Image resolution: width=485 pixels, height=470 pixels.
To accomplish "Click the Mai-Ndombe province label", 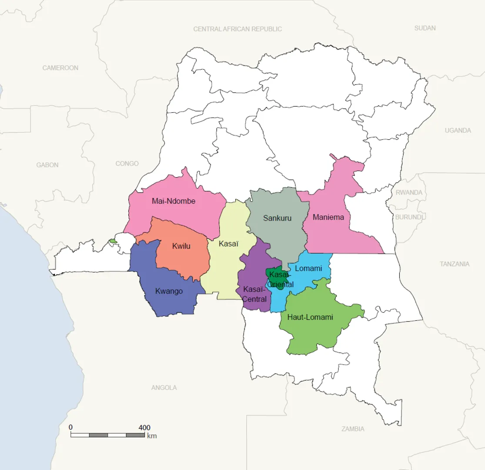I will click(174, 201).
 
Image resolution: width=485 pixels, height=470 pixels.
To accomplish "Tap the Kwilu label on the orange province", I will click(181, 246).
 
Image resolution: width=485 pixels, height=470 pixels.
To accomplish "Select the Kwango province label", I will click(169, 291).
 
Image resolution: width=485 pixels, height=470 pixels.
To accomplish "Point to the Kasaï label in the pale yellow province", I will click(228, 244).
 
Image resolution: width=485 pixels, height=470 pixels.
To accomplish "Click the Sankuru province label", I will click(277, 218).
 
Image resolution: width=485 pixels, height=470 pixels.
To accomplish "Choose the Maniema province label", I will click(328, 217).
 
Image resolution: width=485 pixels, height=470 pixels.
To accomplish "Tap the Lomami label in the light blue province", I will click(311, 269).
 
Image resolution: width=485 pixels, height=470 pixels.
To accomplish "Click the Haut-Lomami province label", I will click(310, 317).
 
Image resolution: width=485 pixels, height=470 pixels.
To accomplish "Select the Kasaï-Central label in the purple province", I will click(255, 294).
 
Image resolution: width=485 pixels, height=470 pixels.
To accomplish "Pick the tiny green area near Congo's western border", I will click(113, 241).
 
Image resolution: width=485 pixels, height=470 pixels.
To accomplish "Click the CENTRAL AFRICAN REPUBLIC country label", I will click(237, 29).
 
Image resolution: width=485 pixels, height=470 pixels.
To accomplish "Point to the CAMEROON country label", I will click(60, 68).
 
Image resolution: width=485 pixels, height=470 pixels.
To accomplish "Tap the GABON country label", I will click(47, 165).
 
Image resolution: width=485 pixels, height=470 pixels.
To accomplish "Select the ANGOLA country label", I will click(164, 387).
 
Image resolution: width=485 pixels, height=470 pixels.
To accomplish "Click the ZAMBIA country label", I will click(353, 429).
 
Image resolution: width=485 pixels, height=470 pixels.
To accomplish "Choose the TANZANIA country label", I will click(455, 264).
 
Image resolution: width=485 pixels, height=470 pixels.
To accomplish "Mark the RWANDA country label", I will click(409, 192).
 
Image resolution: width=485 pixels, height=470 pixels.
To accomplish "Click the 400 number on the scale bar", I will click(144, 428).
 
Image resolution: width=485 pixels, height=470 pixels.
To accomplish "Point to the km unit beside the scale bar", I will click(152, 436).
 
